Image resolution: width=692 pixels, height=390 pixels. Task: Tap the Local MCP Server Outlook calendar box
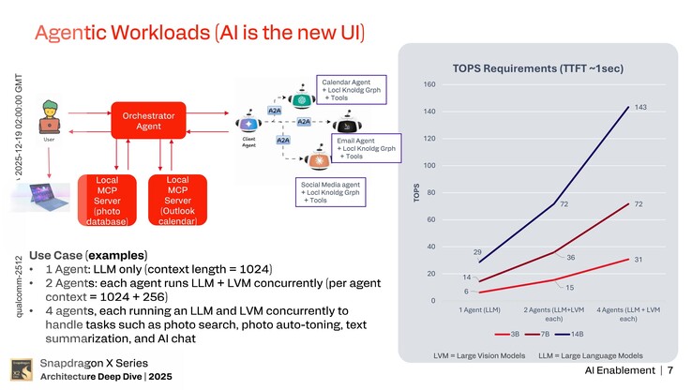point(177,200)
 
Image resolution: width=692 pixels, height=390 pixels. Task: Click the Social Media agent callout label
point(330,192)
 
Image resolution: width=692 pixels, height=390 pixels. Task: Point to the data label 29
point(477,252)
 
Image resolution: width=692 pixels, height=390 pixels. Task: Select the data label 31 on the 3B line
point(637,260)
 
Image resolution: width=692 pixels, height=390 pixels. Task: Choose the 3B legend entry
point(509,332)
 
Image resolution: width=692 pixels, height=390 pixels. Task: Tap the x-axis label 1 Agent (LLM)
point(479,309)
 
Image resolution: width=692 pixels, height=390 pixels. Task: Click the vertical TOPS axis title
point(415,192)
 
